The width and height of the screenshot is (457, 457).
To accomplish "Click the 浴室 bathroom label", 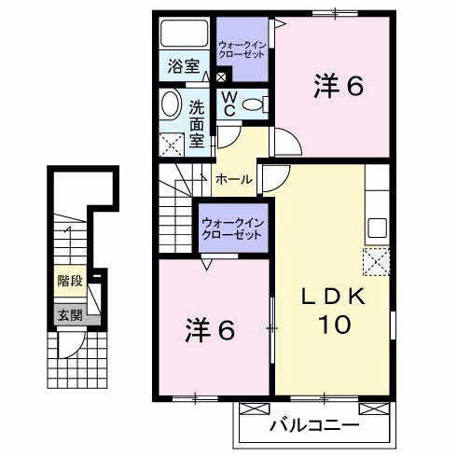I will point(184,67).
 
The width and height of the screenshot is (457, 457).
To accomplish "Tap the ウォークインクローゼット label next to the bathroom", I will point(241,47).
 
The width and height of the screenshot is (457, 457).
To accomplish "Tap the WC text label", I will point(227,104).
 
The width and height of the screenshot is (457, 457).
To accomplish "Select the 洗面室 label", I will point(198,123).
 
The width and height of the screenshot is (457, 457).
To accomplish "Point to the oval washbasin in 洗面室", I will point(172,104).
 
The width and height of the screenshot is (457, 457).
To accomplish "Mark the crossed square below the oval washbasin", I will point(172,145).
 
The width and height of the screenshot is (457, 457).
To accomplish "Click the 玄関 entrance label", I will point(68,315).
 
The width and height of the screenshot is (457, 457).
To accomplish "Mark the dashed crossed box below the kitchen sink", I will point(377,262).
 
